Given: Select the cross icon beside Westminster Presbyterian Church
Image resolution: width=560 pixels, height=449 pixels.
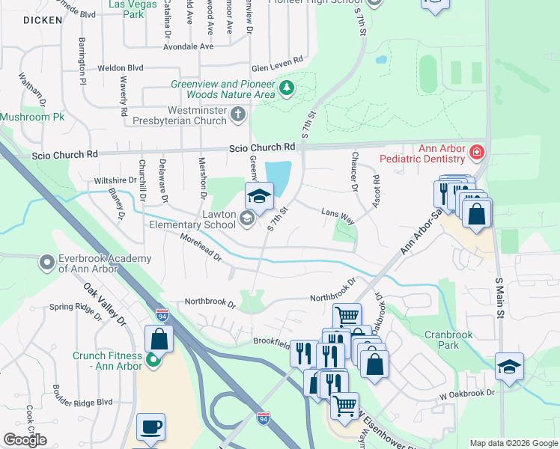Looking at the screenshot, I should [x=238, y=114].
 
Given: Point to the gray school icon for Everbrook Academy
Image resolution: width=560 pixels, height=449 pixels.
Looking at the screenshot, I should [x=47, y=263].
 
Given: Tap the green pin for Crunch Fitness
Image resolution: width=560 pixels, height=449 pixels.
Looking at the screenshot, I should [x=153, y=361].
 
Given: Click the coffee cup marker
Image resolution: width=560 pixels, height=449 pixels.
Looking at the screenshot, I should [x=150, y=427].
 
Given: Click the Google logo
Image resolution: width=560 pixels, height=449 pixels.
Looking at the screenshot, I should [x=25, y=440].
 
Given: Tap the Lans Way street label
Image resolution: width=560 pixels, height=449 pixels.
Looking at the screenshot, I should [x=337, y=213].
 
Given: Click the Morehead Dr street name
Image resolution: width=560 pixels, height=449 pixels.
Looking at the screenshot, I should [x=201, y=247].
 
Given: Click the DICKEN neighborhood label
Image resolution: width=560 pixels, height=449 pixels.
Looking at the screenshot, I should [x=42, y=20].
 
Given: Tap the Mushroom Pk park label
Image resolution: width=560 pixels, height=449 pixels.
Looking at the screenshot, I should [x=33, y=117].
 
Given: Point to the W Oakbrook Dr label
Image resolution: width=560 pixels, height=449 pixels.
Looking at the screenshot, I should [x=467, y=393].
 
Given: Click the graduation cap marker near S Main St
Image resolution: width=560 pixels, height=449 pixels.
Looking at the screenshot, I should [x=509, y=366].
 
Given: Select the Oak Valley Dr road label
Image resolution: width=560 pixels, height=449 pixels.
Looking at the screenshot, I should [x=106, y=302].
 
